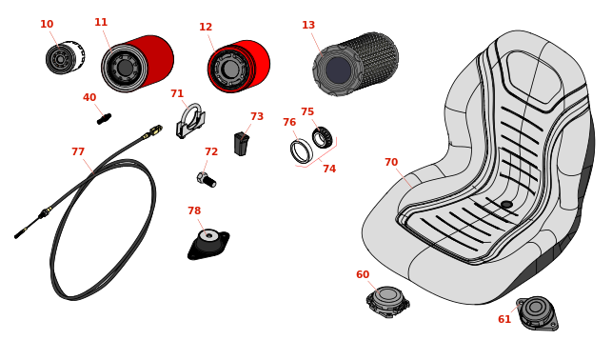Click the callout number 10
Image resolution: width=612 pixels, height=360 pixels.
pos(47,24)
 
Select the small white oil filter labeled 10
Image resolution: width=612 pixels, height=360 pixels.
pos(65,57)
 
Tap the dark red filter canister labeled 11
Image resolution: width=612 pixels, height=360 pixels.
pos(137,64)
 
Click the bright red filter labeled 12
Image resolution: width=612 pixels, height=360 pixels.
pos(239,67)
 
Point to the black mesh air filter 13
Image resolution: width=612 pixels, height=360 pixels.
pos(355,64)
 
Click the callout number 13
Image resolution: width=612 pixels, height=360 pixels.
pos(308,25)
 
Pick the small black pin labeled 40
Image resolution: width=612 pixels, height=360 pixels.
pos(104,119)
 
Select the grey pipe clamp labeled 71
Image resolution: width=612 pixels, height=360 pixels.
pos(190,121)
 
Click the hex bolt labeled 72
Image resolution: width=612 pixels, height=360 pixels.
pos(207,180)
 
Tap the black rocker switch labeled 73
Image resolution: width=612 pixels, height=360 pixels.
pos(241,144)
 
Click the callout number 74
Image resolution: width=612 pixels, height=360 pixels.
pos(329,169)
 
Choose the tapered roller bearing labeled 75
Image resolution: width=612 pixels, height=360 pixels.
pos(322,137)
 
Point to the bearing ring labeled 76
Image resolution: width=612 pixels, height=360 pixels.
pos(302,151)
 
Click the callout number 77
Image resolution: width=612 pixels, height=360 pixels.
pos(78,151)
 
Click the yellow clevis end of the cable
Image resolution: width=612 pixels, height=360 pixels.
pos(154,130)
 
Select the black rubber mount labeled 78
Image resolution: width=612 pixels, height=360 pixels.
pos(208,244)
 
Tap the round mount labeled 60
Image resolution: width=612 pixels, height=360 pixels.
pos(387,302)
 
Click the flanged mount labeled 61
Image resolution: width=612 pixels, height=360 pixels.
pos(537,313)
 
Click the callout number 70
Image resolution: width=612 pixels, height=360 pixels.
pos(391,162)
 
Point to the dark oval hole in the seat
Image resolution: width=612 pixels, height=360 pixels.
pos(506,204)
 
